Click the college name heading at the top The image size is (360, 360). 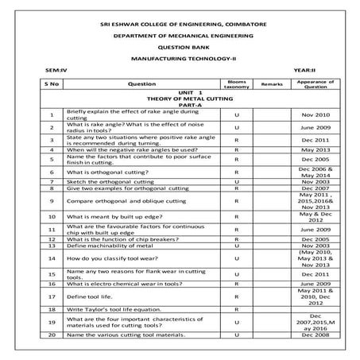point(179,25)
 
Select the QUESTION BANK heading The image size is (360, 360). point(180,48)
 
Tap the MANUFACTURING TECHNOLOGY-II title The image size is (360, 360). point(180,60)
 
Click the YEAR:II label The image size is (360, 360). point(304,72)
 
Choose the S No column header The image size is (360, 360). point(52,83)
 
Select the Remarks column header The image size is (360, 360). point(272,83)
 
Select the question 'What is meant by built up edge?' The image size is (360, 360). point(114,215)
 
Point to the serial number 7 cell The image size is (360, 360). point(52,182)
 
